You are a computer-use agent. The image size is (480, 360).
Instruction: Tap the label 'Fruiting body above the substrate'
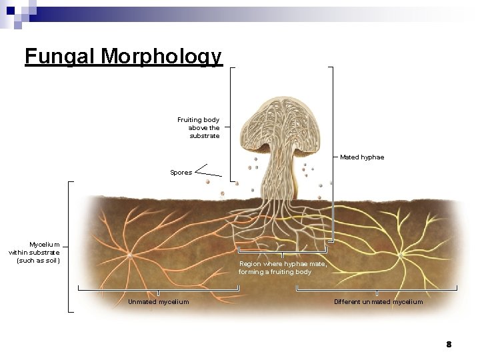click(199, 127)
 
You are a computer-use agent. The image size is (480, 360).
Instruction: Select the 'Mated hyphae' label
click(362, 157)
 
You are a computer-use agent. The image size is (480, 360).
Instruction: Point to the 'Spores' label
click(181, 173)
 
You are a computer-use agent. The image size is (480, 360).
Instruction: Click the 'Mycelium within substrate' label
click(35, 252)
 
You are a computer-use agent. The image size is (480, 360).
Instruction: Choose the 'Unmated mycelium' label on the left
click(158, 302)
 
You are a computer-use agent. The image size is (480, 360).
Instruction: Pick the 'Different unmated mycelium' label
click(378, 302)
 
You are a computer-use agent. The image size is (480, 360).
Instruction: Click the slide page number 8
click(449, 344)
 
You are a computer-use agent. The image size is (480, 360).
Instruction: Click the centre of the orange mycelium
click(130, 254)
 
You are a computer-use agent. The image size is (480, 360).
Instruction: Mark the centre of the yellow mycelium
click(402, 254)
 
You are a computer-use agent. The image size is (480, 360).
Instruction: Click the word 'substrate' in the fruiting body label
click(205, 135)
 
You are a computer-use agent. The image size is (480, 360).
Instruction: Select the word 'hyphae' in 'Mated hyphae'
click(372, 157)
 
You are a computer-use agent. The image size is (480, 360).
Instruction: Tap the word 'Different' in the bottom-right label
click(347, 302)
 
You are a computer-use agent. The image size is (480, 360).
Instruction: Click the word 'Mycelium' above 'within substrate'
click(45, 245)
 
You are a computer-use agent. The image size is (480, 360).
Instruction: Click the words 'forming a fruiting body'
click(275, 272)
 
